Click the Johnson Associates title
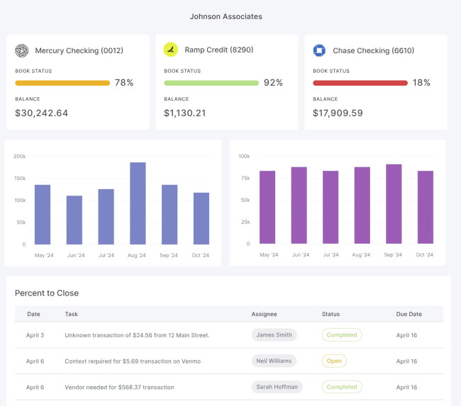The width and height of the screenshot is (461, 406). tap(225, 16)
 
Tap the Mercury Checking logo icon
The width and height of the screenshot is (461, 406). tap(22, 50)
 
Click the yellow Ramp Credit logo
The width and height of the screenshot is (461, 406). tap(170, 50)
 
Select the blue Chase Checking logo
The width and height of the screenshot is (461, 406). tap(319, 50)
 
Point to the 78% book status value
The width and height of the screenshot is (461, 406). tap(124, 83)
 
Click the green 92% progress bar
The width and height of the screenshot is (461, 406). tap(211, 83)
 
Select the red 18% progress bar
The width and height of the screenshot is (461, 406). tap(360, 83)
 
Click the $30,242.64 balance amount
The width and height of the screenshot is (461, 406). tap(42, 113)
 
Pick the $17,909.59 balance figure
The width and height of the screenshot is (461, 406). tap(338, 113)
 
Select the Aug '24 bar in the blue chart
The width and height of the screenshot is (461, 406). tap(138, 203)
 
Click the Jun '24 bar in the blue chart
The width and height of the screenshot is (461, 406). tap(74, 220)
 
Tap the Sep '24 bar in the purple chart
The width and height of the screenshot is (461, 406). tap(394, 204)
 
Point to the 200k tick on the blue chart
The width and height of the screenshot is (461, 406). tap(20, 156)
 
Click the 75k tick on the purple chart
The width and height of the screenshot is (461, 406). tap(244, 178)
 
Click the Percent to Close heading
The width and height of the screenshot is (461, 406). tap(47, 293)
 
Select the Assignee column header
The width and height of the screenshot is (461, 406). tap(264, 314)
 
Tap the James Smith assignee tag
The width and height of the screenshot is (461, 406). tap(274, 334)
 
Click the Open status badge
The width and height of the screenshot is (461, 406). tap(334, 361)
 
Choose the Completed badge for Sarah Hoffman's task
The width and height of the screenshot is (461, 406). tap(342, 387)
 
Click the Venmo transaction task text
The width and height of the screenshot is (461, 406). tap(133, 361)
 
